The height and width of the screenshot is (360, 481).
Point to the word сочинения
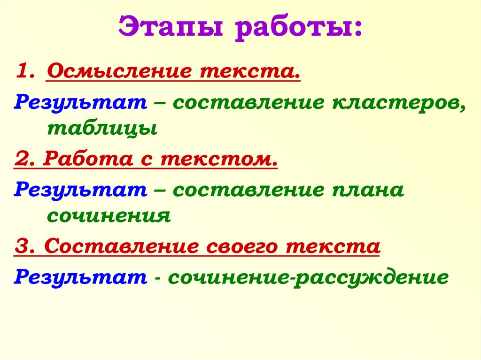click(x=108, y=215)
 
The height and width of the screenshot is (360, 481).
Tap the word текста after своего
click(x=331, y=246)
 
